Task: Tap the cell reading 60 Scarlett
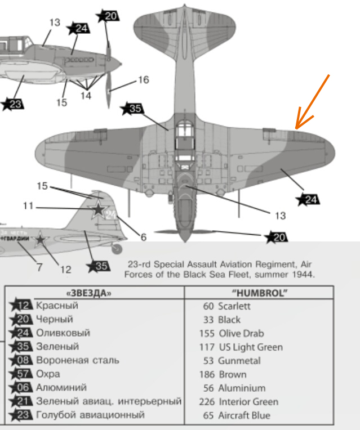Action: pyautogui.click(x=226, y=306)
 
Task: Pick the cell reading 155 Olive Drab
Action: pyautogui.click(x=233, y=333)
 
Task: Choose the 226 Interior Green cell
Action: pyautogui.click(x=239, y=402)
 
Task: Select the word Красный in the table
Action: pyautogui.click(x=57, y=306)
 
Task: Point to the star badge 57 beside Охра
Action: pyautogui.click(x=22, y=374)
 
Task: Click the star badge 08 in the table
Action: pyautogui.click(x=22, y=360)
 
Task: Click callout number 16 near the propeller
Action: pyautogui.click(x=143, y=80)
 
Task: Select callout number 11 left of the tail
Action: pyautogui.click(x=28, y=206)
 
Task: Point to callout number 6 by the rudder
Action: pyautogui.click(x=143, y=238)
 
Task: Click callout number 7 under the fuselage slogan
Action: pyautogui.click(x=39, y=267)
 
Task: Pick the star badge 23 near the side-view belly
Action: pyautogui.click(x=13, y=104)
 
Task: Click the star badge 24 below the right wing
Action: pyautogui.click(x=309, y=199)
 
